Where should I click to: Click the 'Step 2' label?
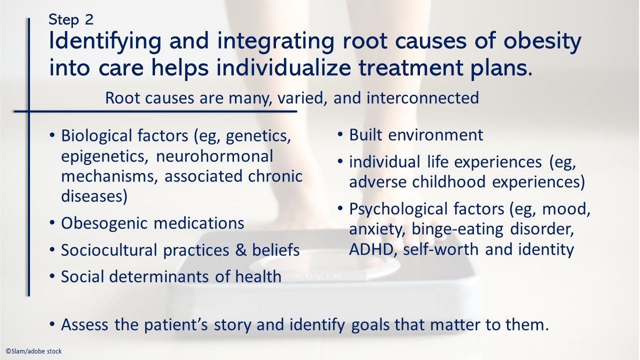pyautogui.click(x=70, y=19)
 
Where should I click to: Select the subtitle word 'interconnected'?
pyautogui.click(x=422, y=97)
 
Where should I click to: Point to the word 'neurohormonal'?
pyautogui.click(x=215, y=156)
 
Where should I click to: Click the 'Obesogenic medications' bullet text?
pyautogui.click(x=152, y=223)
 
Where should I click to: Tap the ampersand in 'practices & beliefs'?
pyautogui.click(x=241, y=250)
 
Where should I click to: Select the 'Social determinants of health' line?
pyautogui.click(x=171, y=276)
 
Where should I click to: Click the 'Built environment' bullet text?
pyautogui.click(x=416, y=135)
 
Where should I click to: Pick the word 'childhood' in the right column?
pyautogui.click(x=449, y=182)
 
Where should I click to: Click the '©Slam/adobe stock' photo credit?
pyautogui.click(x=33, y=351)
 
